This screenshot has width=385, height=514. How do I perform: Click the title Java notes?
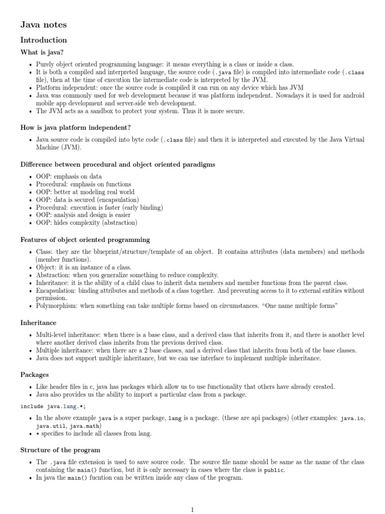tap(43, 24)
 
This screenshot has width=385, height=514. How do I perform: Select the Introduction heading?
tap(43, 40)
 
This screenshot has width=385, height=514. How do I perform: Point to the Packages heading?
tap(34, 374)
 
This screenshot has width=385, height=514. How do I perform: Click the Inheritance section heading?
tap(38, 323)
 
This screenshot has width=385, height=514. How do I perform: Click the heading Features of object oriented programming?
tap(85, 240)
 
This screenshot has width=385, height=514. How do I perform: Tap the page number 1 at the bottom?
tap(192, 510)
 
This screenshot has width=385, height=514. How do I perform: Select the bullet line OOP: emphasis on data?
tap(69, 177)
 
